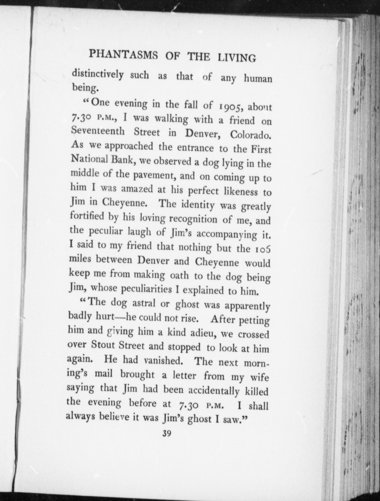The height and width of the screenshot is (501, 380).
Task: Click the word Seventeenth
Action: pos(97,131)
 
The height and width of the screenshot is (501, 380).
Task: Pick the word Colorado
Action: pos(251,135)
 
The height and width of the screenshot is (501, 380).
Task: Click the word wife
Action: pos(259,377)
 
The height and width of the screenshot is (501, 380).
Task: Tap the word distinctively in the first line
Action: pos(98,75)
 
